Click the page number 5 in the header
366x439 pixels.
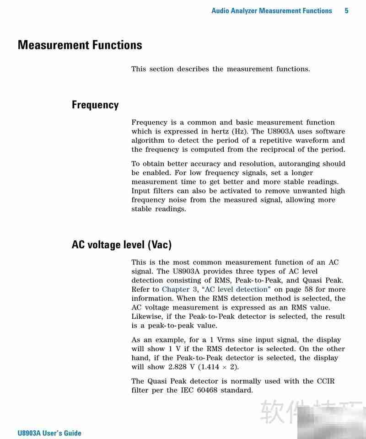(x=346, y=11)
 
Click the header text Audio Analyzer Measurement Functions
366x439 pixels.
(x=271, y=11)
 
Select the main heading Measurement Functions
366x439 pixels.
(x=80, y=45)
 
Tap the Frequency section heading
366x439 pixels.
(x=95, y=105)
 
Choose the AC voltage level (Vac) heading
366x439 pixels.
(x=121, y=244)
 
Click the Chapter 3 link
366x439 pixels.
(x=179, y=289)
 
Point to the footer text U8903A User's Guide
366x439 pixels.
(x=49, y=433)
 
